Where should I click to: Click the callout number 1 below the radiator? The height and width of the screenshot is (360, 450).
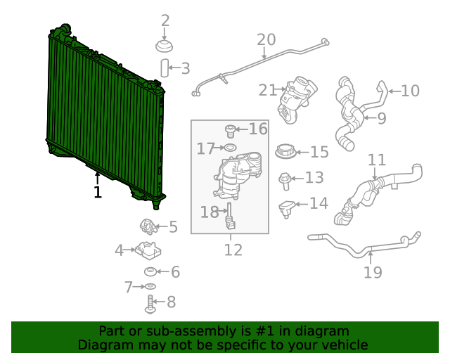point(97,192)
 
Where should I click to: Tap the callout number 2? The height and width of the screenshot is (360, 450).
point(165,21)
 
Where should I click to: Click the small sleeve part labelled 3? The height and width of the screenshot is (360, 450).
point(165,68)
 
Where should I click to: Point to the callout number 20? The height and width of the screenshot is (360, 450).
point(266,40)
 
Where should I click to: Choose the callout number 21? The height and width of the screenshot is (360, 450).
point(267,90)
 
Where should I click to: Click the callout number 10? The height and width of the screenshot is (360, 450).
point(410,90)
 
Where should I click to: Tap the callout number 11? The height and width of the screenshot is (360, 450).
point(377,160)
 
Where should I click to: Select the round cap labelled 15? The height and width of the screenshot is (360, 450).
point(286,151)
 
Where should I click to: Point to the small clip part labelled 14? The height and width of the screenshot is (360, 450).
point(286,207)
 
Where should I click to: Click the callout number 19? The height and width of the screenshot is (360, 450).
point(373,271)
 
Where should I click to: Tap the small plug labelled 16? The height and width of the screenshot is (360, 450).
point(229,129)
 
